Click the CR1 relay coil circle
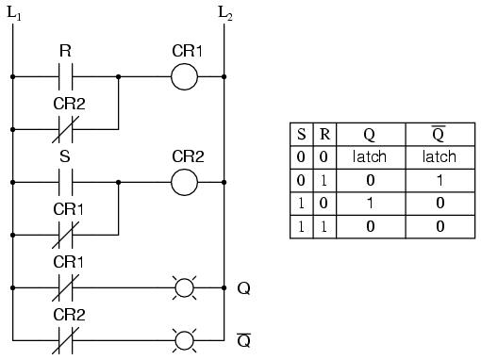[184, 75]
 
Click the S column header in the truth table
[301, 136]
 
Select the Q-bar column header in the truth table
[440, 136]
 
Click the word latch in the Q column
[369, 156]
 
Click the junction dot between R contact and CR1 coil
[118, 75]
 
